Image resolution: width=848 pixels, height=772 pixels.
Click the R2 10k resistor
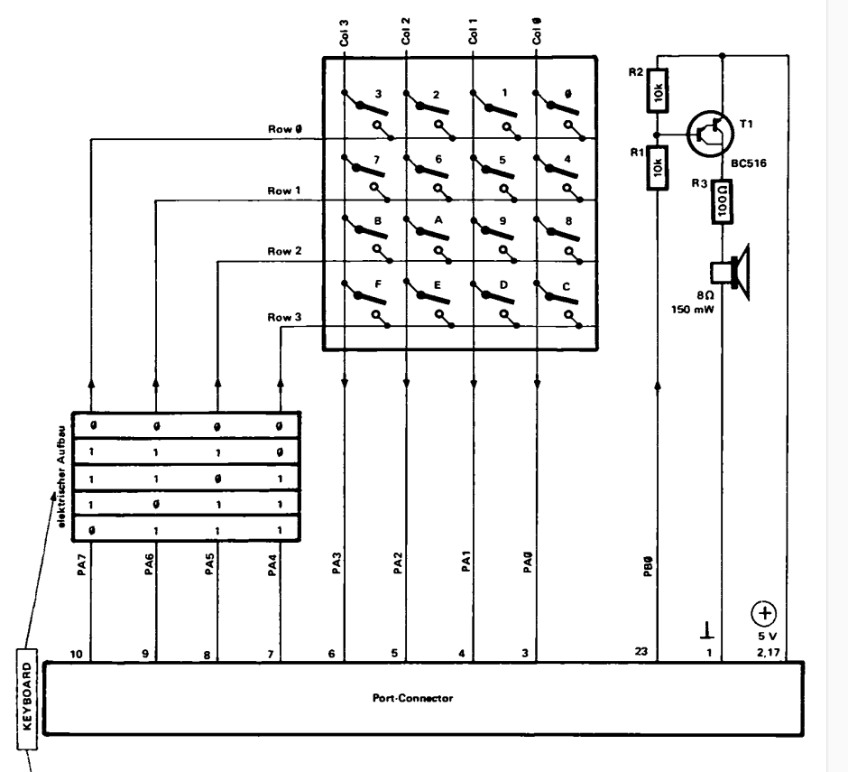pos(658,90)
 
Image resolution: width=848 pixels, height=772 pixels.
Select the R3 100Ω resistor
pos(723,201)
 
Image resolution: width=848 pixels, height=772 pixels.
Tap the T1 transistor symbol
pos(710,134)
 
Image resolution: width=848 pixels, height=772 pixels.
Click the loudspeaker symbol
pos(730,272)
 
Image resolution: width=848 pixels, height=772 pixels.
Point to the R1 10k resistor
pos(658,168)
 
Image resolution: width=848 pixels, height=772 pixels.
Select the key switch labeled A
pos(428,238)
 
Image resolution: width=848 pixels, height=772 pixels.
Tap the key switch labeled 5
pos(493,177)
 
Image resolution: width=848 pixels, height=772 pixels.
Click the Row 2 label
pos(284,251)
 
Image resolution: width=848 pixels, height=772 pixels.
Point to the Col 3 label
pos(344,33)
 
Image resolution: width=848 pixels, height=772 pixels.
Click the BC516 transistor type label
pos(749,163)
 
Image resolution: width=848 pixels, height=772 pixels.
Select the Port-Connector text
pos(412,698)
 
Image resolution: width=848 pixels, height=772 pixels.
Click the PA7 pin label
pos(82,564)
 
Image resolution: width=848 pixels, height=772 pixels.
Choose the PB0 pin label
pos(649,566)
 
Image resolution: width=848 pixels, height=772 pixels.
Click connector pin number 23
pos(641,652)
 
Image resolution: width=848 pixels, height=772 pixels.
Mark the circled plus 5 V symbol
pos(764,613)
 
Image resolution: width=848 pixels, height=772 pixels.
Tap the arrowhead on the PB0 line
pos(658,385)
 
